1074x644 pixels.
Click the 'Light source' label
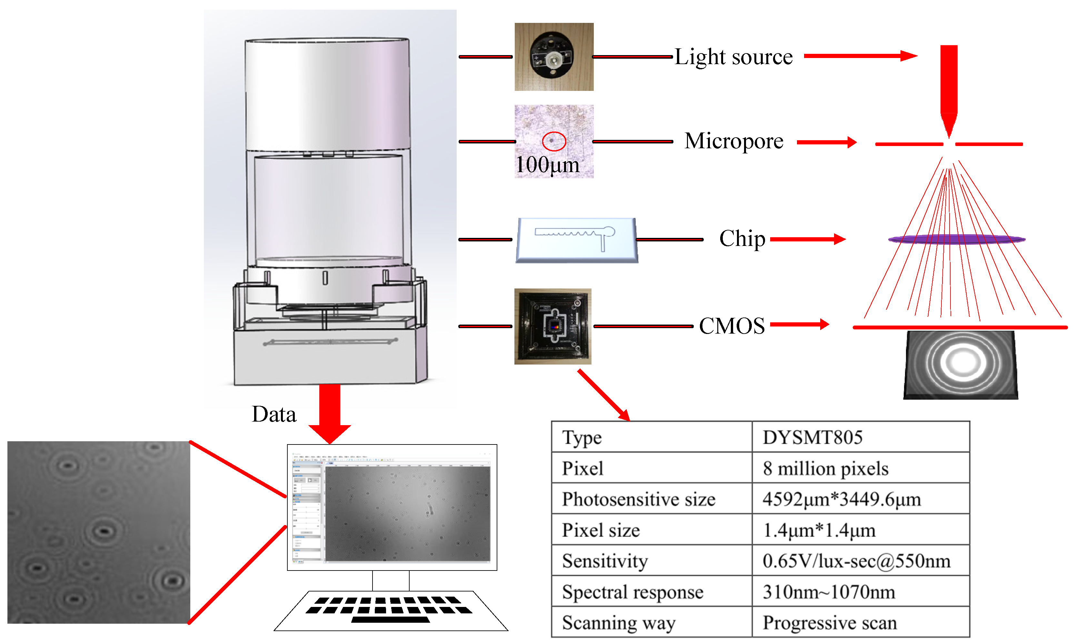pyautogui.click(x=733, y=57)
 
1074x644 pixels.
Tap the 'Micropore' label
pyautogui.click(x=734, y=141)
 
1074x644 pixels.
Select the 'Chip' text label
pyautogui.click(x=742, y=239)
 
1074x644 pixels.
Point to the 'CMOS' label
pyautogui.click(x=731, y=326)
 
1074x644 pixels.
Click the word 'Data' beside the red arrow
pyautogui.click(x=274, y=415)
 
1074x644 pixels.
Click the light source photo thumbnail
pyautogui.click(x=554, y=57)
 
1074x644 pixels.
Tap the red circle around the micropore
pyautogui.click(x=554, y=141)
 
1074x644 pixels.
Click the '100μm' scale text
pyautogui.click(x=547, y=165)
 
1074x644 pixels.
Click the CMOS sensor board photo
pyautogui.click(x=552, y=326)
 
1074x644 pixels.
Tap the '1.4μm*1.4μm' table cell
pyautogui.click(x=819, y=530)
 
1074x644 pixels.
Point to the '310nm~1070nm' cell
pyautogui.click(x=829, y=592)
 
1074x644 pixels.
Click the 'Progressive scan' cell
pyautogui.click(x=830, y=623)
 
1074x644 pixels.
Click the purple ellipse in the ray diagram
pyautogui.click(x=957, y=239)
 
